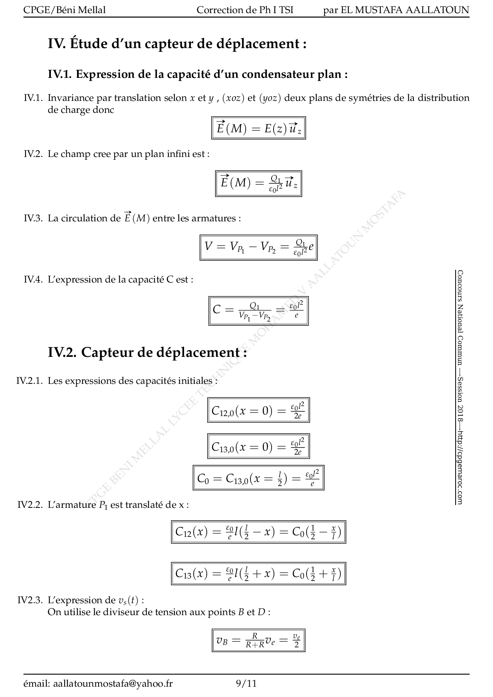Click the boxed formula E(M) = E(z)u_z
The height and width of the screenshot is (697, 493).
coord(258,128)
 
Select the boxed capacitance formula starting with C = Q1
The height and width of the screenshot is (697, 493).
coord(258,311)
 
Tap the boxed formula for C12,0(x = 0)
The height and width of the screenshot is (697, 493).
coord(258,410)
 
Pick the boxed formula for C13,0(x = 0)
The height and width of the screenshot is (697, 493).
coord(258,446)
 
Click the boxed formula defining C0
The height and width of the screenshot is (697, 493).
coord(258,478)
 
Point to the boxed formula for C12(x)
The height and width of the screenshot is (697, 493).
coord(258,532)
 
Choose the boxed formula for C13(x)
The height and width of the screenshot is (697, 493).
coord(258,573)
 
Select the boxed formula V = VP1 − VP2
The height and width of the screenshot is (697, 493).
coord(258,248)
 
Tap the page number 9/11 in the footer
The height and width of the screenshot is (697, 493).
coord(246,683)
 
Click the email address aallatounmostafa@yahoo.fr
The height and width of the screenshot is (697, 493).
coord(113,683)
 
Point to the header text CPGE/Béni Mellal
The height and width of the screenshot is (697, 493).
coord(64,10)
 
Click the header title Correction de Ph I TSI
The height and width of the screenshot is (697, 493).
coord(245,10)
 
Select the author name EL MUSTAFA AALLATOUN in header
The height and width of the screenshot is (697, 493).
coord(405,10)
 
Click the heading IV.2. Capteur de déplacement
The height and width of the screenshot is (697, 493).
coord(148,352)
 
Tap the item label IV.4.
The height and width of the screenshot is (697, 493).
coord(33,279)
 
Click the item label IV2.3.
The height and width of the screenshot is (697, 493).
coord(30,600)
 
